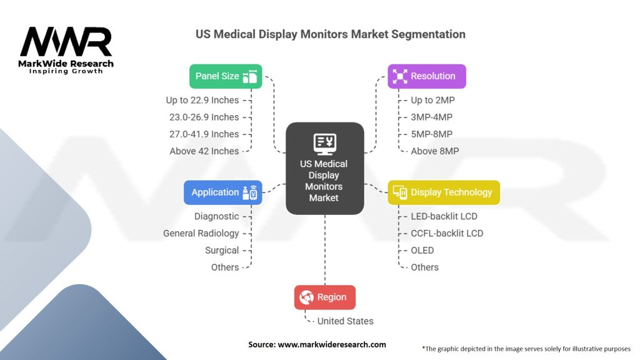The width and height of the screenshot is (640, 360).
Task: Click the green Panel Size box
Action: [226, 76]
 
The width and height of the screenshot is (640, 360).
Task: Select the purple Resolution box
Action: [426, 76]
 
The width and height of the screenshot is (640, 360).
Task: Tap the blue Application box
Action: [223, 192]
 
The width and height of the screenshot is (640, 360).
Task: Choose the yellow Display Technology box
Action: [444, 192]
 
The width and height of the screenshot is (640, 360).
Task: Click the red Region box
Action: [325, 297]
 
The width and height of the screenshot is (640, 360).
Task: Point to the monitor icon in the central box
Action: [325, 144]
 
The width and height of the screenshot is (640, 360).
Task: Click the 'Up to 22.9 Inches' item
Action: [202, 100]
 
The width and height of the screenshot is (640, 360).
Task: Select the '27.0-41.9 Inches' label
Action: [204, 134]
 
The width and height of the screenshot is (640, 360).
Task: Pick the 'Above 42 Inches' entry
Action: [204, 151]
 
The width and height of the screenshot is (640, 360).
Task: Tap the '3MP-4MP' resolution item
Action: [431, 117]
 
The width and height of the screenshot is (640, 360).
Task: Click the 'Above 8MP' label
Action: [435, 151]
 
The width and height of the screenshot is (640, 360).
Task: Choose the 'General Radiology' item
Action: [201, 234]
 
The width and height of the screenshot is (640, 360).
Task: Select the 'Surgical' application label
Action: [222, 251]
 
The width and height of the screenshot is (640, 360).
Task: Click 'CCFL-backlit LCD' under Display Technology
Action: [447, 234]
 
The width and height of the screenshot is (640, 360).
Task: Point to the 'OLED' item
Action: [422, 251]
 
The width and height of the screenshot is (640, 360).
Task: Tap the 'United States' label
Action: [345, 321]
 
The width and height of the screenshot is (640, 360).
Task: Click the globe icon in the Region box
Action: [306, 297]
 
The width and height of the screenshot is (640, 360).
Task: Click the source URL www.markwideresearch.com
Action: [332, 344]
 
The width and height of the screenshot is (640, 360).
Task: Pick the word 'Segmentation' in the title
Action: [428, 34]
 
